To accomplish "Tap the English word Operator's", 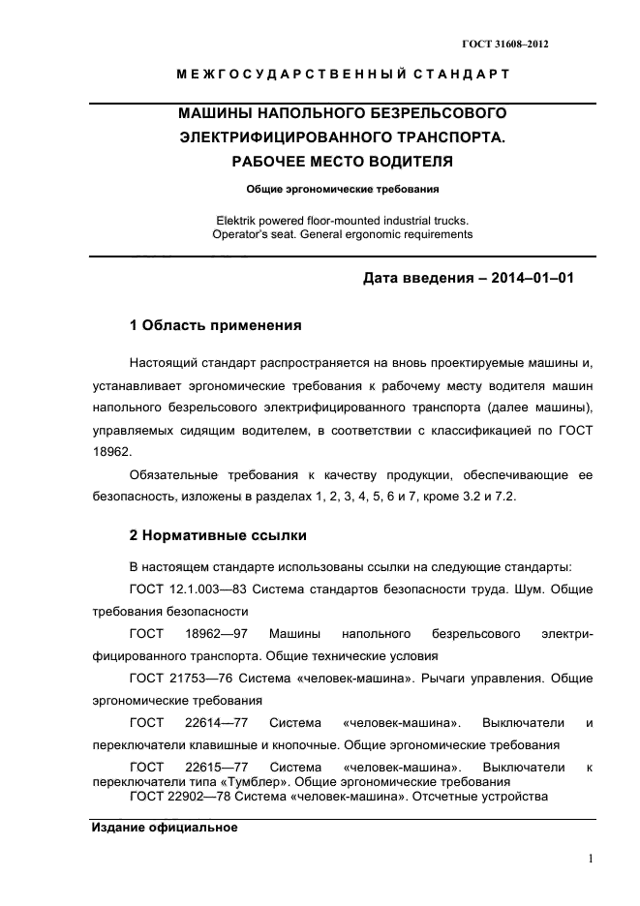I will pos(238,234).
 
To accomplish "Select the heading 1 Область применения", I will pos(215,325).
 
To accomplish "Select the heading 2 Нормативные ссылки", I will pos(219,535).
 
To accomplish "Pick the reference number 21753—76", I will pos(198,679).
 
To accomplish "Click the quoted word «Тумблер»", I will pos(226,781).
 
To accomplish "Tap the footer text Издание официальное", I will pos(164,829).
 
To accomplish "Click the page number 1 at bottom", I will pos(590,859).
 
